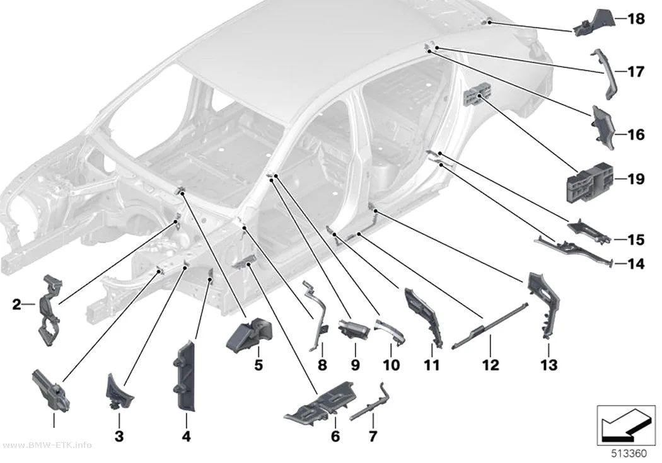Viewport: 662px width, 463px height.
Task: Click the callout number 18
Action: click(636, 19)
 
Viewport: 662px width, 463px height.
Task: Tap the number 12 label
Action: click(491, 365)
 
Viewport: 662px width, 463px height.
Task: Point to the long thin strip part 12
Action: click(490, 324)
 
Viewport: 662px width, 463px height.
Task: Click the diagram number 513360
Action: click(629, 454)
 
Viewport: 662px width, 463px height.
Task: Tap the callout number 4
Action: click(186, 437)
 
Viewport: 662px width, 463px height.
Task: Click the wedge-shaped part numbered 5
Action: click(250, 334)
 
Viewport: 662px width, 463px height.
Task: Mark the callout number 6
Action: click(335, 437)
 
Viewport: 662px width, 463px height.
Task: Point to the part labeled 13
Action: click(543, 304)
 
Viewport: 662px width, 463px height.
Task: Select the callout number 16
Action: click(636, 135)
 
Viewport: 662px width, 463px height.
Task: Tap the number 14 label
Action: click(636, 265)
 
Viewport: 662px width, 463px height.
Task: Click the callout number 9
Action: click(355, 365)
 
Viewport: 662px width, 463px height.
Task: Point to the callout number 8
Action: click(322, 365)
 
